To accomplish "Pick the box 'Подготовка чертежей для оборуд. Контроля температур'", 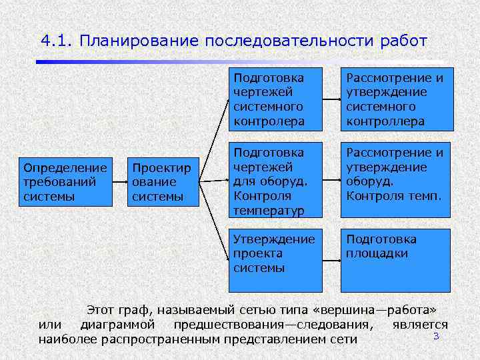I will point(275,179).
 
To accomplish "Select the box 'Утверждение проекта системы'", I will point(275,260).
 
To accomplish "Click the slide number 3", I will point(436,336).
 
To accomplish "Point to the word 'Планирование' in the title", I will point(139,41).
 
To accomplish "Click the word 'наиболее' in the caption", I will point(69,339).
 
